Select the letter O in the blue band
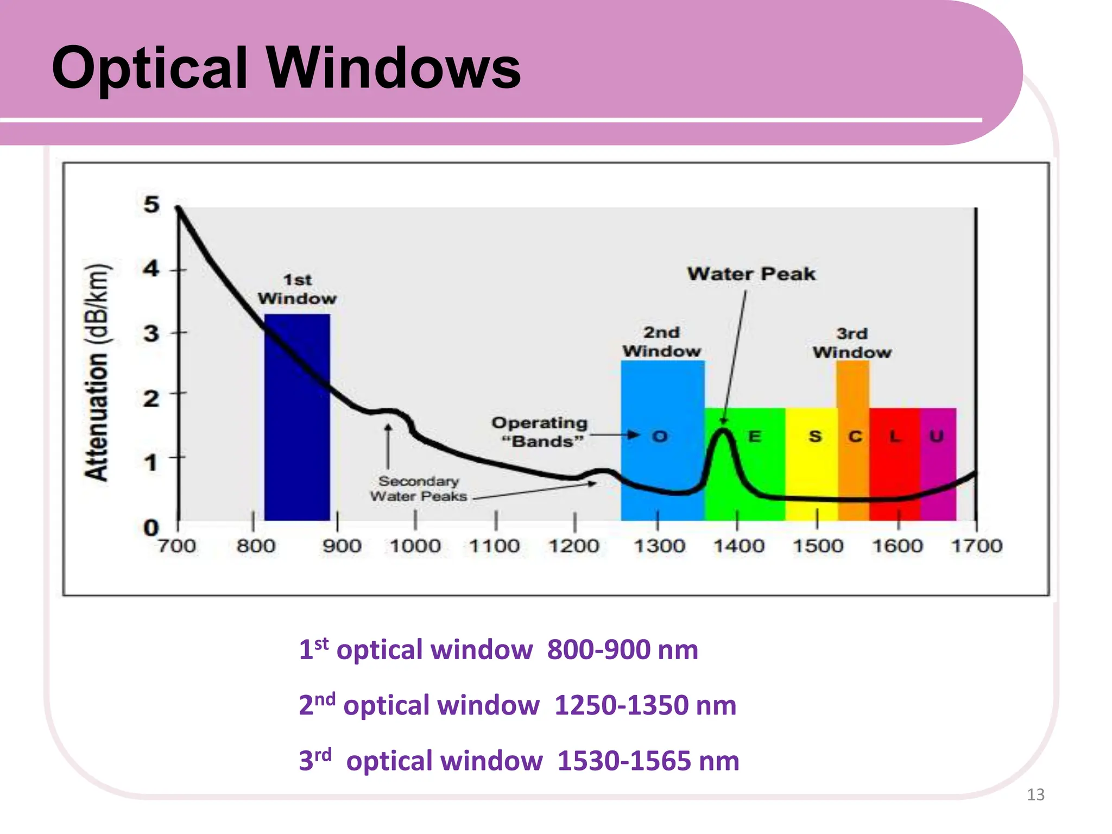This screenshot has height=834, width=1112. pos(660,437)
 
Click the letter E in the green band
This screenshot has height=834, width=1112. pos(755,437)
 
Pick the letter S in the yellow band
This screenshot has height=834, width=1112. pos(815,437)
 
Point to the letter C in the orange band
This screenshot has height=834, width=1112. pos(855,437)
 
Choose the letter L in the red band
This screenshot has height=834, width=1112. pos(895,436)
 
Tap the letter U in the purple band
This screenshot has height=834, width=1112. pos(937,436)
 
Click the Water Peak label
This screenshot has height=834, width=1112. pos(751,274)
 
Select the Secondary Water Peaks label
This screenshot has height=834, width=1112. pos(419,489)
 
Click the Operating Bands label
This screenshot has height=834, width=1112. pos(540,432)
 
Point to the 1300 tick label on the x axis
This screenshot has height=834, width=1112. pos(660,546)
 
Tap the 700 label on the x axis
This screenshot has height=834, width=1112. pos(177,546)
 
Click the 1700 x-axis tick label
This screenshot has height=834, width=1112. pos(977,546)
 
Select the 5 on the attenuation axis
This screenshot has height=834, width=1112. pos(151,205)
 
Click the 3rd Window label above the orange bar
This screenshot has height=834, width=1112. pos(852,343)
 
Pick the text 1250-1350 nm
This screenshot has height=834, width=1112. pos(645,705)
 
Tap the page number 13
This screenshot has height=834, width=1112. pos(1035,795)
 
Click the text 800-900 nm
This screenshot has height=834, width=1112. pos(622,649)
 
